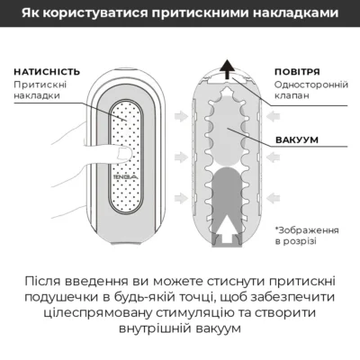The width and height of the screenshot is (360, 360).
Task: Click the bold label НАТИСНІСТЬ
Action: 47,71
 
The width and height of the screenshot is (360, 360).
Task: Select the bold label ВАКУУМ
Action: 298,140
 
